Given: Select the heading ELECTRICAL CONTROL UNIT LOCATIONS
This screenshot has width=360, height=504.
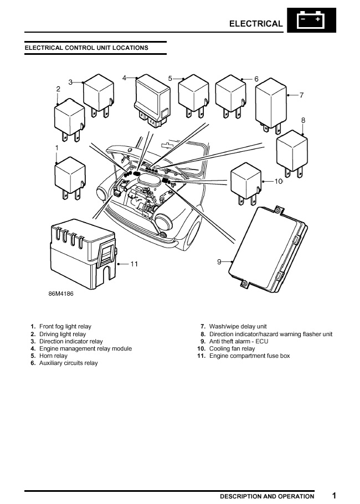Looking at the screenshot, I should click(86, 48).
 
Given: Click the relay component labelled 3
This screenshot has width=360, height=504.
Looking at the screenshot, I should click(99, 95).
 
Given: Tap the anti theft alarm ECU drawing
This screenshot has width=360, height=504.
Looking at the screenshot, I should click(270, 246).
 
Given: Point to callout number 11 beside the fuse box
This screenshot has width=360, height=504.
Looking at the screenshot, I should click(133, 264).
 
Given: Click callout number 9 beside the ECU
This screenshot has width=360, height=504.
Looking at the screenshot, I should click(219, 261).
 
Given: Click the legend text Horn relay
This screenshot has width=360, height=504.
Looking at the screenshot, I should click(53, 356).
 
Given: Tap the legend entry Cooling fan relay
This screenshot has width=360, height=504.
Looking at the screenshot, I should click(232, 349).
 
